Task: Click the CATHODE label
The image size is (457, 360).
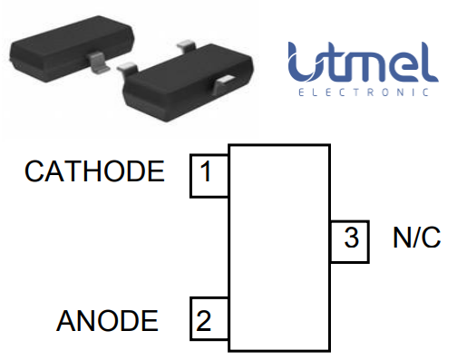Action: (x=94, y=171)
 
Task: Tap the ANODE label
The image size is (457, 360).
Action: (x=107, y=320)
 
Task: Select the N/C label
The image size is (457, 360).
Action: (x=416, y=238)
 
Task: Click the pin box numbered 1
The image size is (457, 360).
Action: (x=208, y=173)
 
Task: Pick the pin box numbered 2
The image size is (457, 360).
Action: (x=208, y=319)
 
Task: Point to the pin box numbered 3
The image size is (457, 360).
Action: (x=350, y=240)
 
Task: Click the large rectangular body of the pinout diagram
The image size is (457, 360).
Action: (x=277, y=247)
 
